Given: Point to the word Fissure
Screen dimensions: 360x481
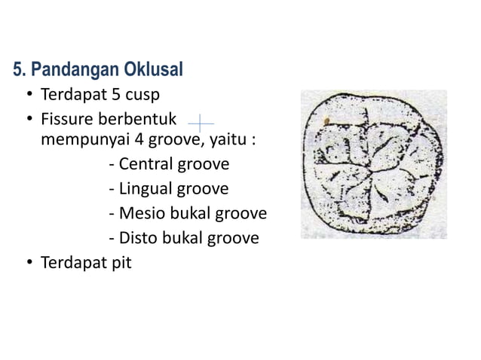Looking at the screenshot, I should point(68,121).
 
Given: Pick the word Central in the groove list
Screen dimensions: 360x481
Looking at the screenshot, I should point(146,164).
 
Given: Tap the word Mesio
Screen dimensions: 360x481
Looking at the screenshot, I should point(141,214).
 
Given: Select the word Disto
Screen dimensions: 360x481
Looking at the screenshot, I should point(139,239).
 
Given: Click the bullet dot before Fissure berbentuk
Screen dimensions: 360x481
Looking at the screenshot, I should point(29,121).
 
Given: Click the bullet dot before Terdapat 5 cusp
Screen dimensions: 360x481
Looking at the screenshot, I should point(29,97).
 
